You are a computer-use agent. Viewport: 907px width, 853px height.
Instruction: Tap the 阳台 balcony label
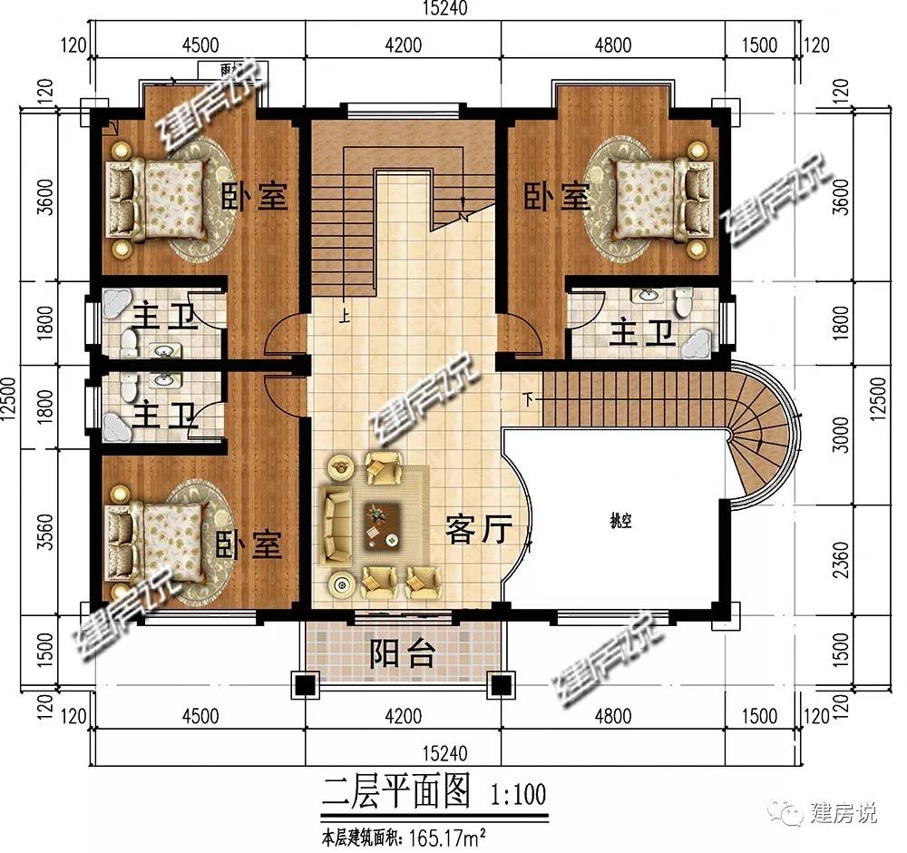click(403, 653)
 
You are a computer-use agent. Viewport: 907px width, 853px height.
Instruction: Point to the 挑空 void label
click(620, 520)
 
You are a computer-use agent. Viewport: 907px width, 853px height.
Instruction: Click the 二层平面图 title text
click(397, 794)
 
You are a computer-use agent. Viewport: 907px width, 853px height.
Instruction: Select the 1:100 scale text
click(518, 796)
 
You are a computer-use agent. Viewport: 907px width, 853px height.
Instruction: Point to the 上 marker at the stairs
click(346, 317)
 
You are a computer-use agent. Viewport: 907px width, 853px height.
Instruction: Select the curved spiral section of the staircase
click(766, 434)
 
